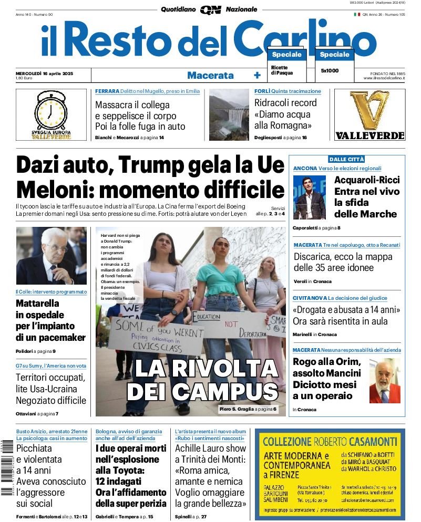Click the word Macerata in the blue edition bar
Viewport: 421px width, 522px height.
(x=210, y=75)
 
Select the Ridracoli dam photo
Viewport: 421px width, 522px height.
(x=229, y=115)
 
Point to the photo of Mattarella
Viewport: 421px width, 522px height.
(x=51, y=256)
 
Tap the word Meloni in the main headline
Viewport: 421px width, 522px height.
(x=54, y=189)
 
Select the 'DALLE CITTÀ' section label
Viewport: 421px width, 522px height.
(x=346, y=159)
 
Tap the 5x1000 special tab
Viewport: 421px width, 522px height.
(x=330, y=70)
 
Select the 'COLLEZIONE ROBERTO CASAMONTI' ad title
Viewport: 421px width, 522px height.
(x=329, y=441)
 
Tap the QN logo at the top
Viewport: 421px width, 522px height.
(x=210, y=9)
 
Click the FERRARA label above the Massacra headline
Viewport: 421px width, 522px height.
(x=107, y=91)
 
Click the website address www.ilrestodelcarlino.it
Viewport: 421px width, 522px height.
(x=383, y=78)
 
